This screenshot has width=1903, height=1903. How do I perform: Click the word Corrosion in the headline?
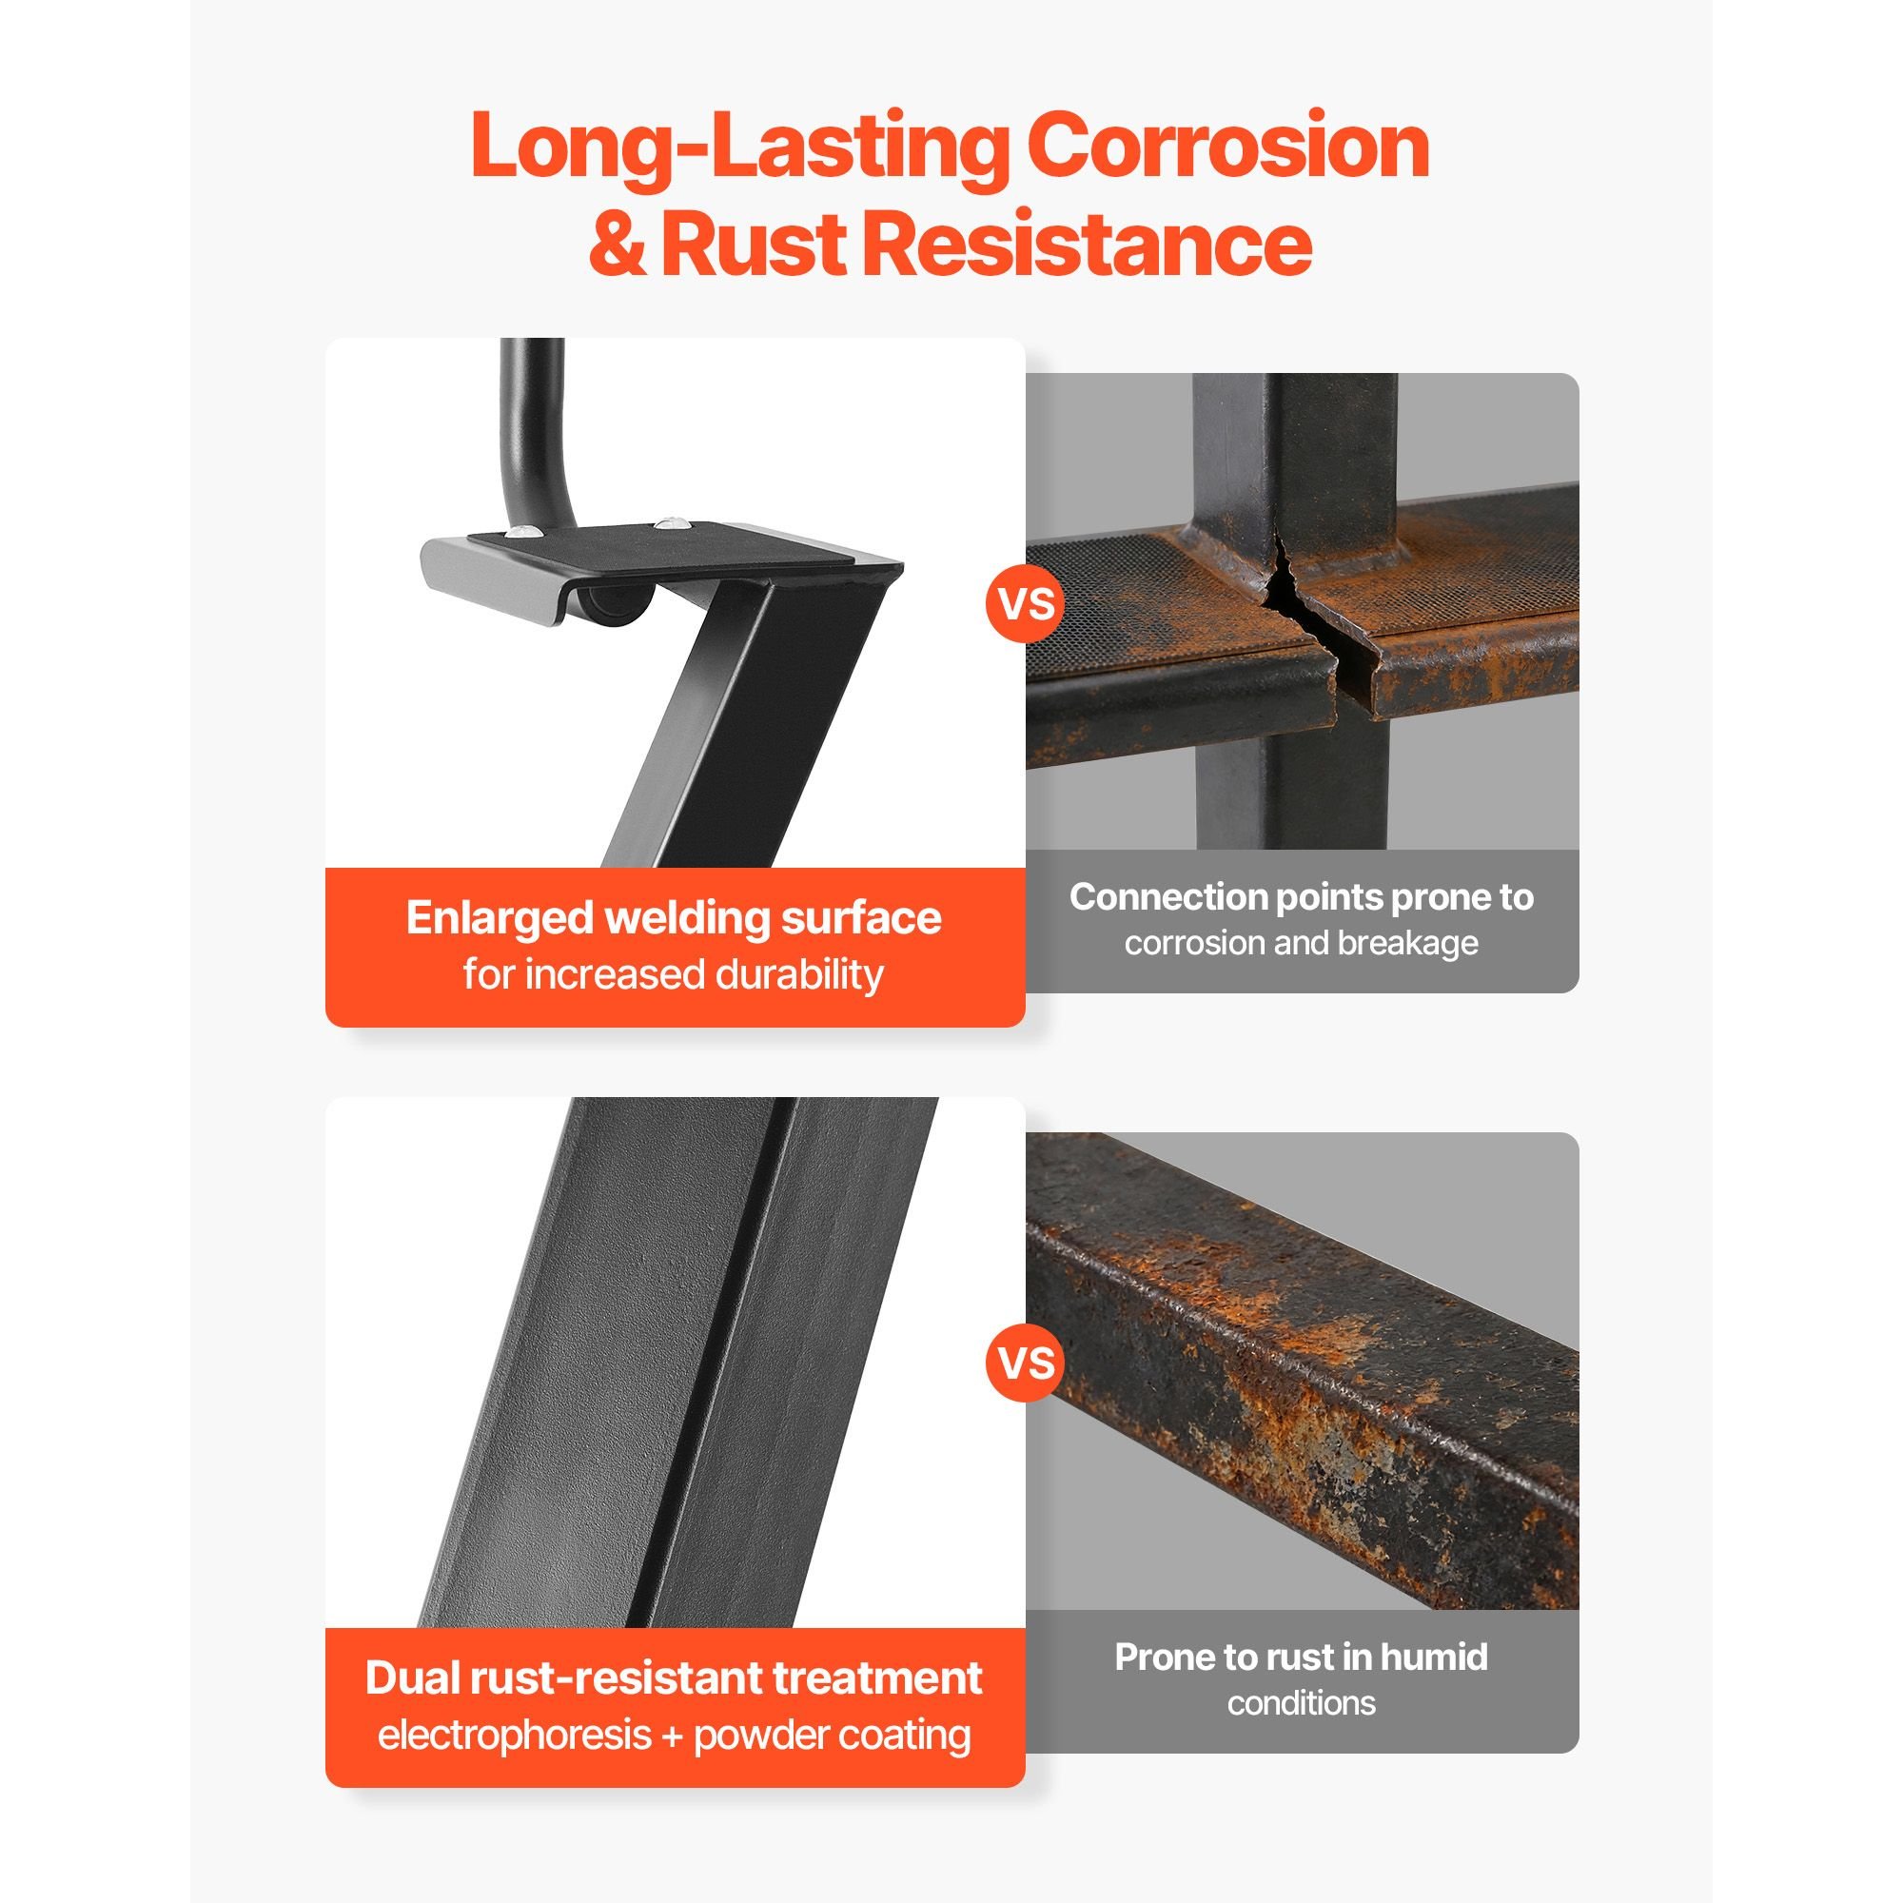pyautogui.click(x=1227, y=146)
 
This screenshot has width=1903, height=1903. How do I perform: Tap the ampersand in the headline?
pyautogui.click(x=618, y=245)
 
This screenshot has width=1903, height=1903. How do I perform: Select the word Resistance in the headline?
pyautogui.click(x=1088, y=245)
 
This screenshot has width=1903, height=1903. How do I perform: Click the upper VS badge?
pyautogui.click(x=1026, y=603)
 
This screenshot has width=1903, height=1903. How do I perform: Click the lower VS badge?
pyautogui.click(x=1026, y=1363)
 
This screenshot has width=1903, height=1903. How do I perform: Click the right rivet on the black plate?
pyautogui.click(x=671, y=520)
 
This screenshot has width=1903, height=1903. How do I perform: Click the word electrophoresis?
pyautogui.click(x=514, y=1735)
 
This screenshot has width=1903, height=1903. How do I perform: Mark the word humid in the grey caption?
pyautogui.click(x=1434, y=1657)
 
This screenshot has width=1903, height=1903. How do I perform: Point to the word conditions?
pyautogui.click(x=1301, y=1703)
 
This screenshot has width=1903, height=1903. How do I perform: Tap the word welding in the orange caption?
pyautogui.click(x=687, y=919)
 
